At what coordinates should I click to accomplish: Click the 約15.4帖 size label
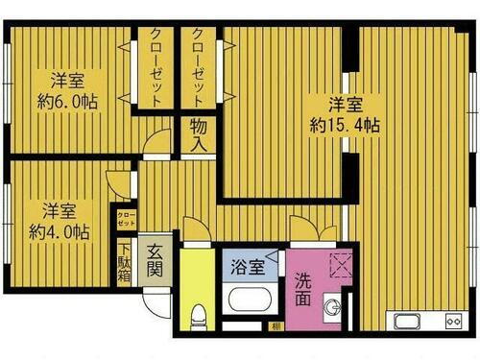(x=344, y=124)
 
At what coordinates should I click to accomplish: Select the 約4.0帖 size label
(x=59, y=231)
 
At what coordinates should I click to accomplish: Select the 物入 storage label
(x=199, y=135)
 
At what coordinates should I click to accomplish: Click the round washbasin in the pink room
(x=334, y=308)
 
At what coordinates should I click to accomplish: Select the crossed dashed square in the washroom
(x=339, y=263)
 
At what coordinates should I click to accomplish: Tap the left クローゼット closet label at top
(x=154, y=66)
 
